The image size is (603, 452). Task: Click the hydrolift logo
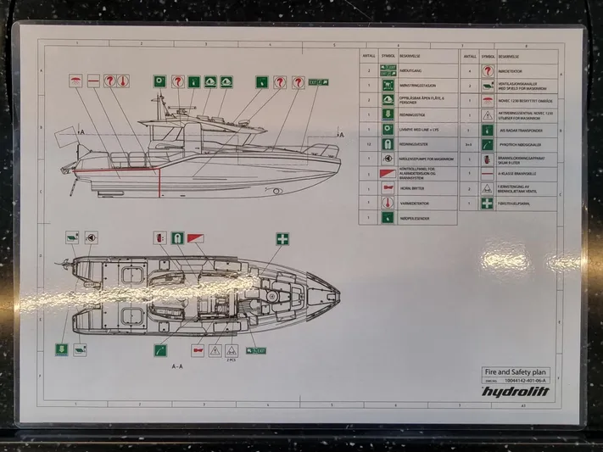click(514, 391)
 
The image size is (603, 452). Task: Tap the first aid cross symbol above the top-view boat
click(282, 238)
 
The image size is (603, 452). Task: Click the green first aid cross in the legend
click(488, 204)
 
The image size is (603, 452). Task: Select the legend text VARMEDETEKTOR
click(417, 204)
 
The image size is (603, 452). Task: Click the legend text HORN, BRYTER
click(414, 189)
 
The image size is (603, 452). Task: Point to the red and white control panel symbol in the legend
click(387, 174)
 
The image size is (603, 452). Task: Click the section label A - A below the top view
click(177, 366)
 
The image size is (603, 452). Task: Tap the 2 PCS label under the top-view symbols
click(230, 360)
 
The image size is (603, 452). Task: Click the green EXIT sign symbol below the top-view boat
click(256, 349)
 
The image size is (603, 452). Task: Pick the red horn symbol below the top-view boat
click(198, 349)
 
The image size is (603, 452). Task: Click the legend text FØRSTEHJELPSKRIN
click(515, 204)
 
